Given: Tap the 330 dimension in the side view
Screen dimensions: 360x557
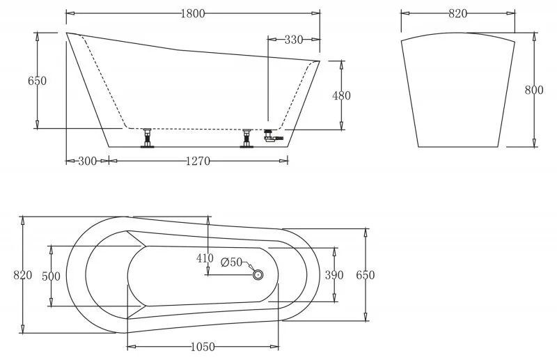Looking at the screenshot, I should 294,40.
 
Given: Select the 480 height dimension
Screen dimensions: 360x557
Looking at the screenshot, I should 341,95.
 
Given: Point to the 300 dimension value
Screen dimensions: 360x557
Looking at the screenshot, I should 87,162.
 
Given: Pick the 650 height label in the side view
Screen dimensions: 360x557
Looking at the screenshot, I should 37,81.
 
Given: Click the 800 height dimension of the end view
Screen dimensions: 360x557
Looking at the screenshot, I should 534,90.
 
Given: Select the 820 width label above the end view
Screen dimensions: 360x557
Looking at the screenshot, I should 457,14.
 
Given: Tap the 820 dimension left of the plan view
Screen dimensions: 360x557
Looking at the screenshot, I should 23,275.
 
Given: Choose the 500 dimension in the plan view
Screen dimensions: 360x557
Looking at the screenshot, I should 51,276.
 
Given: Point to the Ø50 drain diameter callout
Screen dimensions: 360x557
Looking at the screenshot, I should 231,263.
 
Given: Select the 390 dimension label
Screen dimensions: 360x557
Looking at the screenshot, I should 334,275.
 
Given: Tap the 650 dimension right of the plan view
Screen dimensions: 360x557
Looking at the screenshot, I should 365,275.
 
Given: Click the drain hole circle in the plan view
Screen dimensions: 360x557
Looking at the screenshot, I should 258,275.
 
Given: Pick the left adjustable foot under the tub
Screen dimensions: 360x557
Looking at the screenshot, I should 147,139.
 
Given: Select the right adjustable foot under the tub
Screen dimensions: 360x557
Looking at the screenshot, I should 246,139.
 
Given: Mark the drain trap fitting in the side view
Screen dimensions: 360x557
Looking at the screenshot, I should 272,136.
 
